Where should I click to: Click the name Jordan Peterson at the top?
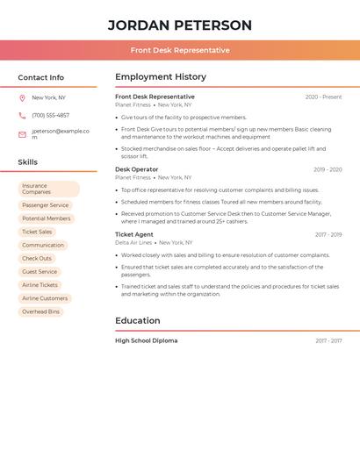pos(179,25)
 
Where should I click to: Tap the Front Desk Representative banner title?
pos(180,50)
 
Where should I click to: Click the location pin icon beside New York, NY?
pos(22,98)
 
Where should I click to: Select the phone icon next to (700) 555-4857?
pos(22,115)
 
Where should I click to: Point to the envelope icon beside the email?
pos(22,134)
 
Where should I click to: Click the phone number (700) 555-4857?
pos(50,115)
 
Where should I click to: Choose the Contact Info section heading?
pos(40,77)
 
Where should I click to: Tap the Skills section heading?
pos(27,162)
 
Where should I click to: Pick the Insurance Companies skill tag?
pos(48,189)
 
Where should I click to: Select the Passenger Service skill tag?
pos(45,205)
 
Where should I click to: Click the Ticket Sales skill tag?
pos(37,232)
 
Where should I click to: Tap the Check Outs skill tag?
pos(37,259)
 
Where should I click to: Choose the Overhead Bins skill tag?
pos(41,311)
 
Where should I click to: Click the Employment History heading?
pos(161,77)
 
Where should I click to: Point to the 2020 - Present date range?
pos(323,97)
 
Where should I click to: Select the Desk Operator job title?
pos(137,169)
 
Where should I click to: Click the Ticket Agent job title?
pos(134,234)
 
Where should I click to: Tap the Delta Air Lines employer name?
pos(133,243)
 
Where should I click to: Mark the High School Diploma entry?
pos(146,340)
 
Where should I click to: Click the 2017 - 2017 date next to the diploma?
pos(328,341)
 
